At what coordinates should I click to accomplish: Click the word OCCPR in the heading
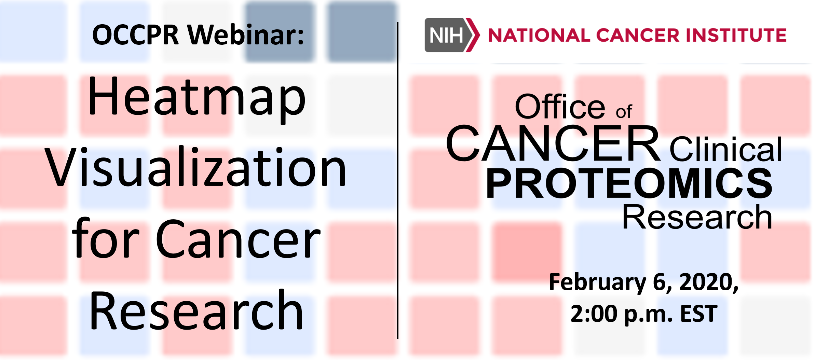pyautogui.click(x=135, y=35)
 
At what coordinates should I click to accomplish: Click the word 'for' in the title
pyautogui.click(x=106, y=238)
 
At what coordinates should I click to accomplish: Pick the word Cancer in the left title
pyautogui.click(x=238, y=239)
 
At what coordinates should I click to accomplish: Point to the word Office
pyautogui.click(x=560, y=107)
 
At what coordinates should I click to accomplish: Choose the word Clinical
pyautogui.click(x=725, y=149)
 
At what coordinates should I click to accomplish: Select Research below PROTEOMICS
pyautogui.click(x=697, y=217)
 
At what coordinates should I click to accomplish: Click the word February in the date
pyautogui.click(x=597, y=283)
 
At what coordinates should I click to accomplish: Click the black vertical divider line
pyautogui.click(x=397, y=180)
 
